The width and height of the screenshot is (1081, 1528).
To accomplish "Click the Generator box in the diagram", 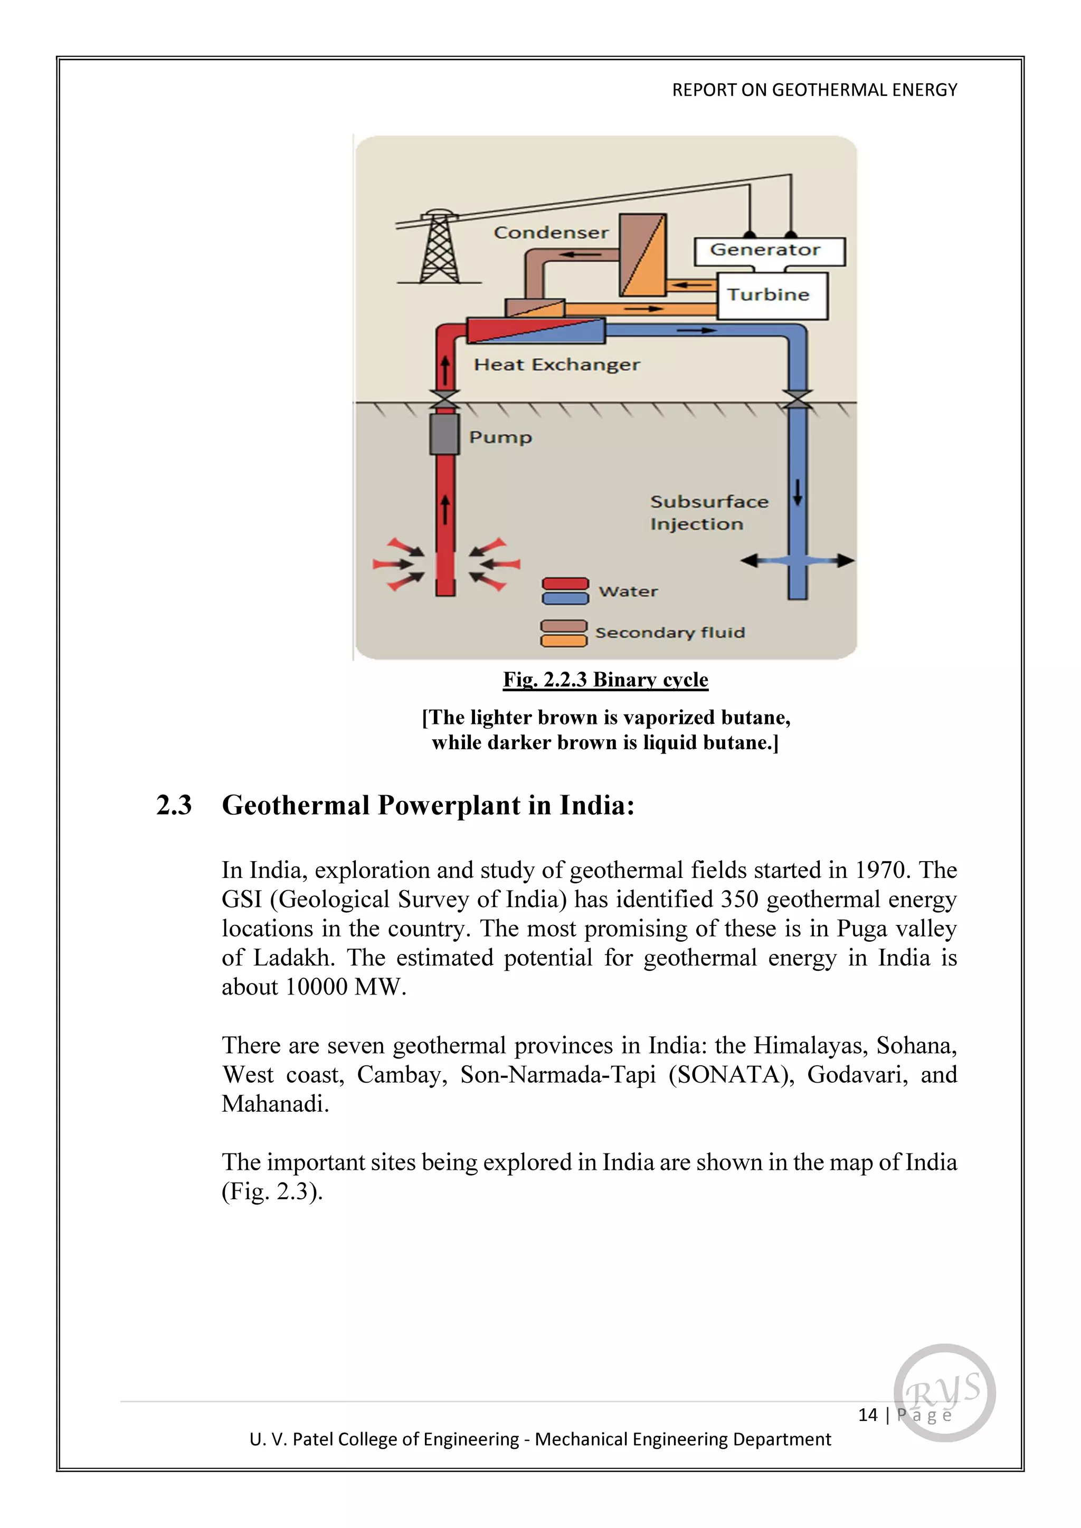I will pos(769,251).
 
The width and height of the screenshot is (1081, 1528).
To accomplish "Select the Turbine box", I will pos(772,295).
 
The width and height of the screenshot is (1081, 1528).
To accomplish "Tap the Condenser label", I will pos(551,233).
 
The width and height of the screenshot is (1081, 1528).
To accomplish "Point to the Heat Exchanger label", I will pos(556,365).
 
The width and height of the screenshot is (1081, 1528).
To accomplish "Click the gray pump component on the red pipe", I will pos(444,434).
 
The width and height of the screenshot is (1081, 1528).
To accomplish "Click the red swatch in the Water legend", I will pos(565,584).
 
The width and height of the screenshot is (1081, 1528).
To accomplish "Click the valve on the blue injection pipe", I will pos(797,399).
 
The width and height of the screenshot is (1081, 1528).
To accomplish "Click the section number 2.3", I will pos(174,805).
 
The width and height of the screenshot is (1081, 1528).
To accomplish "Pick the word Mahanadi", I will pos(275,1104).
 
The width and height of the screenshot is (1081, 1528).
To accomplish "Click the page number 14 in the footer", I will pos(867,1415).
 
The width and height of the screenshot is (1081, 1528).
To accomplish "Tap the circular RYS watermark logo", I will pos(944,1393).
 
